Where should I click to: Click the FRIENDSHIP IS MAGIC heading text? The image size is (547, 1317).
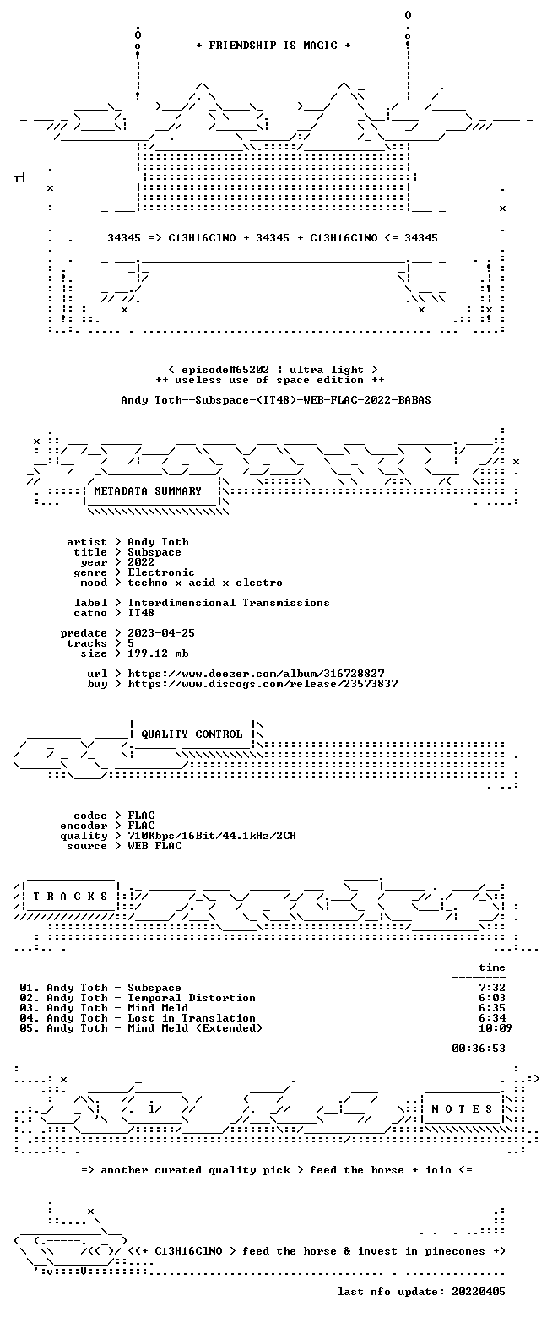coord(273,46)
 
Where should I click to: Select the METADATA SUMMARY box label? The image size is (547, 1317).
coord(148,491)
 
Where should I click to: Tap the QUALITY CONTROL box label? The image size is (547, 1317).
coord(192,734)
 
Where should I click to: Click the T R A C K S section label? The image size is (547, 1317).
coord(70,896)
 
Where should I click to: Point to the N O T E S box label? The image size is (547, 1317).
coord(462,1108)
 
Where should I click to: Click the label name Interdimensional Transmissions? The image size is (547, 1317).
coord(229,603)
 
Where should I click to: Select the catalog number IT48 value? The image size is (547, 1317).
coord(141,613)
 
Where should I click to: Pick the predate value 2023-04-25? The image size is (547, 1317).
coord(161,633)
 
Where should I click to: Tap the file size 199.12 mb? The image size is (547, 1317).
coord(158,653)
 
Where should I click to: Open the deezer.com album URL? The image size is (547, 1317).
coord(256,674)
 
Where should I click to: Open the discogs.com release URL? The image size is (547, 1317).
coord(263,684)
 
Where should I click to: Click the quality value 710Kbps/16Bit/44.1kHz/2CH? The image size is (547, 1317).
coord(212,836)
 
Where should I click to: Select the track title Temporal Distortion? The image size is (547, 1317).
coord(192,998)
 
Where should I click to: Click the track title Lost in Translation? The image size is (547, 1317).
coord(192,1018)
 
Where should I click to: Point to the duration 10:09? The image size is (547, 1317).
coord(496,1028)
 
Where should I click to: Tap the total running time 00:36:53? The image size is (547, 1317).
coord(479,1049)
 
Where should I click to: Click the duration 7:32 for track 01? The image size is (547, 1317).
coord(492,988)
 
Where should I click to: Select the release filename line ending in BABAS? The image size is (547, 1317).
coord(276,400)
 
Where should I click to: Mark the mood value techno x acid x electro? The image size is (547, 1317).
coord(205,583)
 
